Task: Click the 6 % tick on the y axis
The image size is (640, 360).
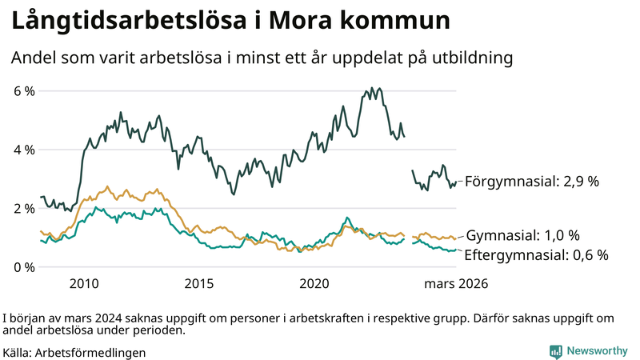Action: [x=24, y=91]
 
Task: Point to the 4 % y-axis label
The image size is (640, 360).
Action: [x=24, y=150]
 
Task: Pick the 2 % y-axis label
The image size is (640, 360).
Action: [x=24, y=208]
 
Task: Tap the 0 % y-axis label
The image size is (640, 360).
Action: [x=24, y=266]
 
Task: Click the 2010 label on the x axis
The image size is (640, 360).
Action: [x=84, y=283]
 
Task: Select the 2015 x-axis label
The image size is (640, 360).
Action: [x=199, y=283]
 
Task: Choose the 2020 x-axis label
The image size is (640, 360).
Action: [x=314, y=283]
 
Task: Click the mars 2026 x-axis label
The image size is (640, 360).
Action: [x=455, y=283]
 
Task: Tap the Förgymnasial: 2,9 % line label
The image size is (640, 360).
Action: [x=532, y=182]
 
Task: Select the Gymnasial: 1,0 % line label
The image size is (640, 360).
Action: [x=522, y=235]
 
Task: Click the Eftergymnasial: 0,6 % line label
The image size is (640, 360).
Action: [x=536, y=255]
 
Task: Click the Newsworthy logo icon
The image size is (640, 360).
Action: [x=555, y=350]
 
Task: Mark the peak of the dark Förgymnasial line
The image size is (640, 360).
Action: [x=378, y=88]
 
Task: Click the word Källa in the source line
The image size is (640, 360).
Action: [x=17, y=351]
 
